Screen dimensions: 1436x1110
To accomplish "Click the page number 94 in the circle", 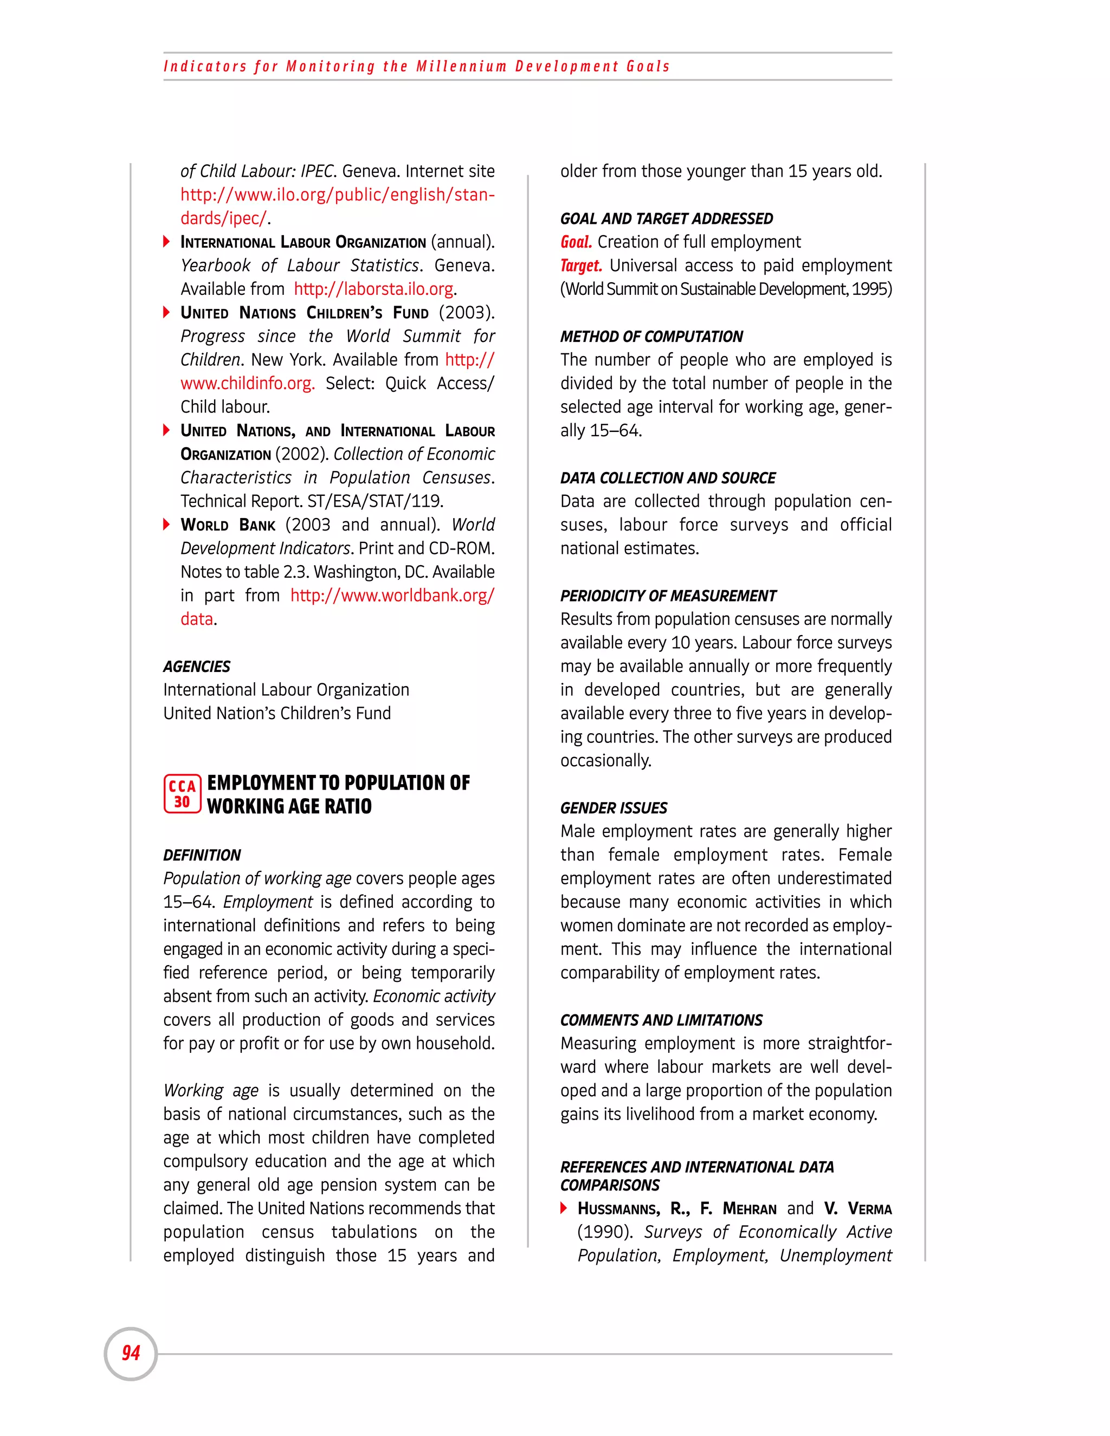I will pos(131,1353).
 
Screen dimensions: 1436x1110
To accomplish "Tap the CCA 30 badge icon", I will pos(182,794).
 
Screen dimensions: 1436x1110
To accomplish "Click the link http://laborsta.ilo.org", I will pos(373,289).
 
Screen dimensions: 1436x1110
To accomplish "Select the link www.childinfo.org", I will pos(247,383).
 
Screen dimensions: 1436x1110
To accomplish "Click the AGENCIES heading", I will pos(197,667).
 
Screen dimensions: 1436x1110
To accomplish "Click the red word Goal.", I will pos(576,243).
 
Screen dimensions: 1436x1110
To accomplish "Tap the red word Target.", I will pos(580,266).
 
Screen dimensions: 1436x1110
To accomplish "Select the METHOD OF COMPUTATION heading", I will pos(651,337).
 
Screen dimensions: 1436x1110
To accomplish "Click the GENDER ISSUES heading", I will pos(614,808).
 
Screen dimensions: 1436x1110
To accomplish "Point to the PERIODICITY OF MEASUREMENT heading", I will pos(668,596).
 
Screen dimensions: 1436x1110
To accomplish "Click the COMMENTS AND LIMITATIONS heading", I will pos(661,1020).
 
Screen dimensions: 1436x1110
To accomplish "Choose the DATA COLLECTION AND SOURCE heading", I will pos(667,478).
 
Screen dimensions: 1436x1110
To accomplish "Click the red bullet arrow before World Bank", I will pos(166,525).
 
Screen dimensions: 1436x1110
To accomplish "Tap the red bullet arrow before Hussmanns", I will pos(564,1208).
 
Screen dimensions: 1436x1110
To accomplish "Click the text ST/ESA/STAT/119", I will pos(375,502).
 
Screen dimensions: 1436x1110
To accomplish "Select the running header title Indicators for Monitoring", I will pos(416,67).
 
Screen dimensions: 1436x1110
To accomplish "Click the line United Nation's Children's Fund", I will pos(277,714).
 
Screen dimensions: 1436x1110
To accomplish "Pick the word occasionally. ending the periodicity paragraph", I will pos(605,761).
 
